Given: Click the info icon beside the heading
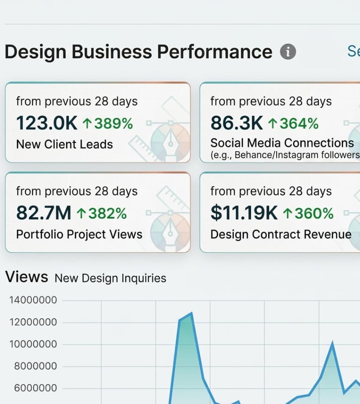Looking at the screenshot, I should tap(288, 52).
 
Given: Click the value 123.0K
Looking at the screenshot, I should tap(47, 123).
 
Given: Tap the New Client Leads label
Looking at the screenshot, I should tap(64, 144).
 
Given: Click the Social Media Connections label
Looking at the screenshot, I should tap(282, 143).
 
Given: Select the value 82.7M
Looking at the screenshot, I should tap(44, 213).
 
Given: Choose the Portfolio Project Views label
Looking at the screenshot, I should tap(79, 234).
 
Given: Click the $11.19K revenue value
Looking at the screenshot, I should tap(244, 213).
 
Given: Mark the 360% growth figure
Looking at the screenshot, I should tap(308, 213).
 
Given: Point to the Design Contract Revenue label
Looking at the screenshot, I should tap(281, 234).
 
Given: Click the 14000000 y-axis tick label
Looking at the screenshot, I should tap(33, 301).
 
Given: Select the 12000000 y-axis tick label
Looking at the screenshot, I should tap(33, 323).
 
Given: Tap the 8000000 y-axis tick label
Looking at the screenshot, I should tap(35, 366).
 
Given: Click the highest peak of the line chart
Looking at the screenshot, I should tap(192, 314).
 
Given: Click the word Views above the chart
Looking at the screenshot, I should tap(26, 277).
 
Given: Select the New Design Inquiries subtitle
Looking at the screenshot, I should tap(111, 278).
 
